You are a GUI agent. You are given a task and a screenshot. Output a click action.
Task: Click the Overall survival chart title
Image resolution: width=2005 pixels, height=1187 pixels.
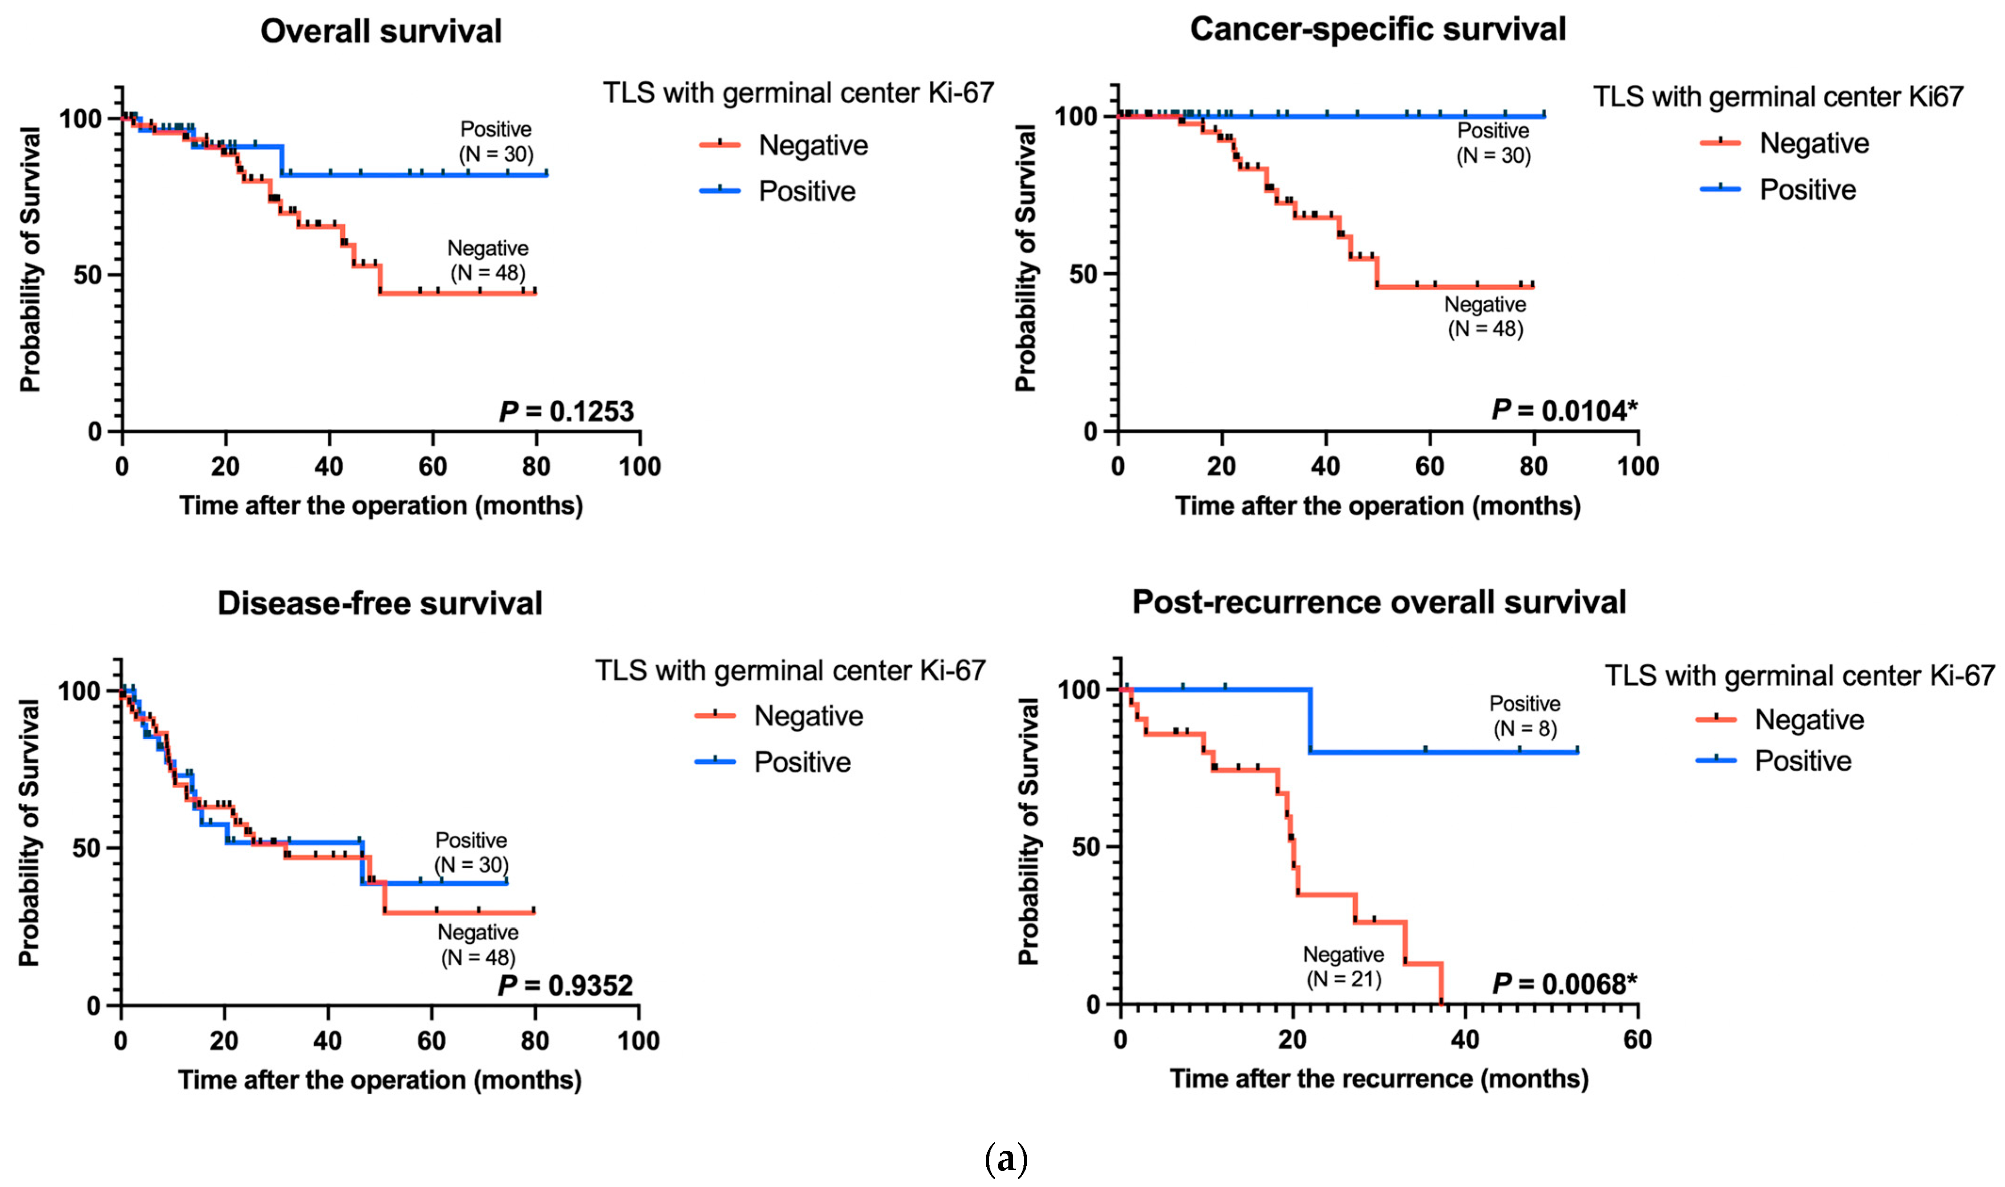coord(381,31)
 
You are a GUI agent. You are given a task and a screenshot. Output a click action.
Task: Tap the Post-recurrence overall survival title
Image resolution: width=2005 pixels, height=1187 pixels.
coord(1379,601)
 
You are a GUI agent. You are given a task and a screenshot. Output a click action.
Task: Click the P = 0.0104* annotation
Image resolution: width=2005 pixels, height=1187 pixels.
coord(1564,410)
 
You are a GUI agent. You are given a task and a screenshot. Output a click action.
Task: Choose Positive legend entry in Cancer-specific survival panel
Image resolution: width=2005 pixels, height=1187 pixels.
coord(1807,190)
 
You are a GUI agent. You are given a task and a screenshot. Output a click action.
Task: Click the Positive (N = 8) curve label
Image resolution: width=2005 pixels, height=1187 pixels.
coord(1524,716)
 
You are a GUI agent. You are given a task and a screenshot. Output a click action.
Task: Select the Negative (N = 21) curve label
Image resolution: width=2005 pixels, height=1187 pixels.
coord(1343,966)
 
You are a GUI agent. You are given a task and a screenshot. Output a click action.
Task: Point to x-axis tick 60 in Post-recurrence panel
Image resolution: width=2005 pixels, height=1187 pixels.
coord(1637,1039)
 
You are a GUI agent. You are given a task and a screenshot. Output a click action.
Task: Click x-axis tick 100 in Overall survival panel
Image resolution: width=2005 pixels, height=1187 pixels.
coord(639,466)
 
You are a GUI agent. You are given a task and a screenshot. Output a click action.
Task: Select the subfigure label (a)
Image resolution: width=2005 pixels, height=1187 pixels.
coord(1005,1159)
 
